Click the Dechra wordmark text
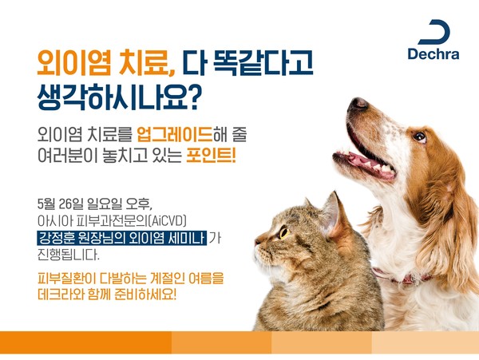click(x=433, y=53)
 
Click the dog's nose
click(x=358, y=104)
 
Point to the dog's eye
click(x=420, y=136)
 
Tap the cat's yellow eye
click(x=284, y=232)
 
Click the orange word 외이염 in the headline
click(x=73, y=63)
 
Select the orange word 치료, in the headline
click(x=147, y=64)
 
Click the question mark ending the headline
click(x=192, y=97)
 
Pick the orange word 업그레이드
click(x=174, y=135)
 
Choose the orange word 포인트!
click(x=211, y=156)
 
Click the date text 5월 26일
click(x=60, y=204)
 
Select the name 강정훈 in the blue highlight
click(x=57, y=238)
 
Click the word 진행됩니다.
click(x=69, y=255)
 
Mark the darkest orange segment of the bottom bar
click(x=86, y=342)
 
